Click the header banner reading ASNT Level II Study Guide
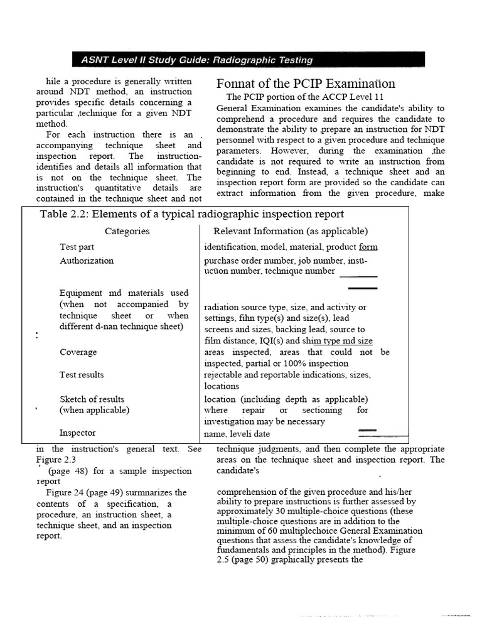coord(197,60)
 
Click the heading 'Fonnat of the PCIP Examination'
coord(306,84)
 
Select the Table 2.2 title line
coord(191,214)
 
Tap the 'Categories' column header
coord(127,231)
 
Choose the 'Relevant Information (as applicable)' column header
coord(291,231)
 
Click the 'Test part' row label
coord(77,247)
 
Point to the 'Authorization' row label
coord(87,260)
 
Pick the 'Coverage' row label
coord(78,352)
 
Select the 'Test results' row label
coord(82,375)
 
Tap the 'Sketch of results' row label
coord(92,399)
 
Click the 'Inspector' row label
coord(78,433)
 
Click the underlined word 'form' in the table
coord(368,247)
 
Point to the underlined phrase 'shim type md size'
coord(337,341)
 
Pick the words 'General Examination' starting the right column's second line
coord(255,108)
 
